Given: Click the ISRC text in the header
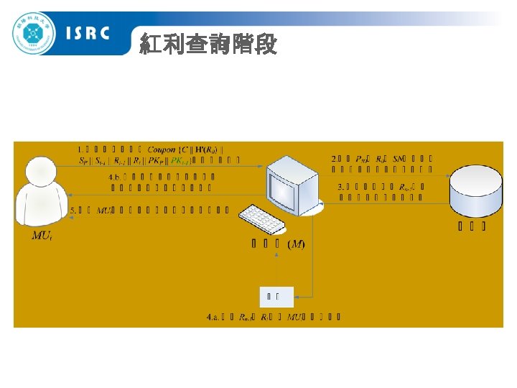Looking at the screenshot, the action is pyautogui.click(x=87, y=33).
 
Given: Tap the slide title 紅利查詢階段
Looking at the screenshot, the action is pyautogui.click(x=208, y=45).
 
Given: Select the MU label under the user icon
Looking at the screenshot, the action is pyautogui.click(x=41, y=236).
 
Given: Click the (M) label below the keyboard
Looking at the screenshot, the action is pyautogui.click(x=296, y=244).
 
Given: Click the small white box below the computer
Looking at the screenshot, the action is pyautogui.click(x=276, y=295).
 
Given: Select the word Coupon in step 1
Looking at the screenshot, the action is pyautogui.click(x=162, y=149).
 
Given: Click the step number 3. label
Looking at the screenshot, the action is pyautogui.click(x=341, y=186).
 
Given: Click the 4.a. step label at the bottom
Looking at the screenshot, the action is pyautogui.click(x=213, y=315).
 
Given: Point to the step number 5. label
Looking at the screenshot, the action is pyautogui.click(x=75, y=211).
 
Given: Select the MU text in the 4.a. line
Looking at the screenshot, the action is pyautogui.click(x=294, y=315).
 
